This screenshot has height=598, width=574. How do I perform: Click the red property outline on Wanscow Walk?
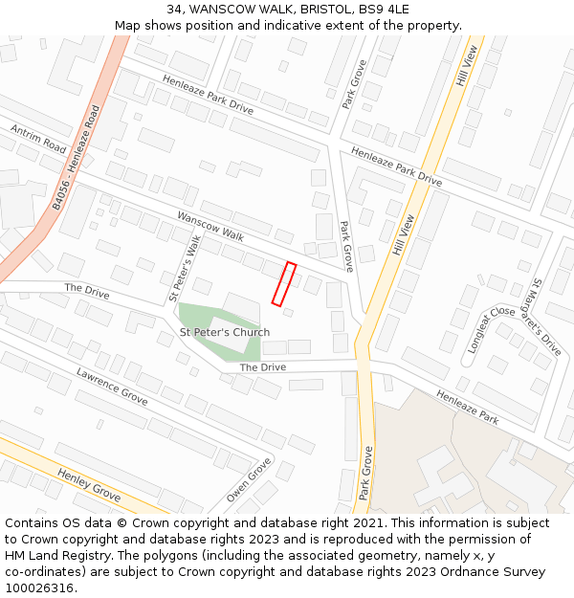[x=284, y=284]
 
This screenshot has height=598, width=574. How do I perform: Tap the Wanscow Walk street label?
[x=210, y=226]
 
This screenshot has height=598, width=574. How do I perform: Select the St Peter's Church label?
[x=225, y=333]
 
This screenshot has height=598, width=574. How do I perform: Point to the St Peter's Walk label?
[x=185, y=269]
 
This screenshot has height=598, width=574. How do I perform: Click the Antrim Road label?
[x=38, y=138]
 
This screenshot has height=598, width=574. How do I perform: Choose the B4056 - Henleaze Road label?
[x=77, y=158]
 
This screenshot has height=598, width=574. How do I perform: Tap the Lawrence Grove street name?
[x=112, y=386]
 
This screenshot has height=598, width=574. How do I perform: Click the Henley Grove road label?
[x=89, y=486]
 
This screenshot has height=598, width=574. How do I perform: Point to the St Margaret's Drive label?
[x=546, y=317]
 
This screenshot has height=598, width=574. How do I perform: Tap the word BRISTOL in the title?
[x=322, y=10]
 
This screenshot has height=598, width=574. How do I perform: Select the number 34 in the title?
[x=175, y=10]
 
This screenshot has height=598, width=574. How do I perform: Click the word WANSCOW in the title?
[x=221, y=10]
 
